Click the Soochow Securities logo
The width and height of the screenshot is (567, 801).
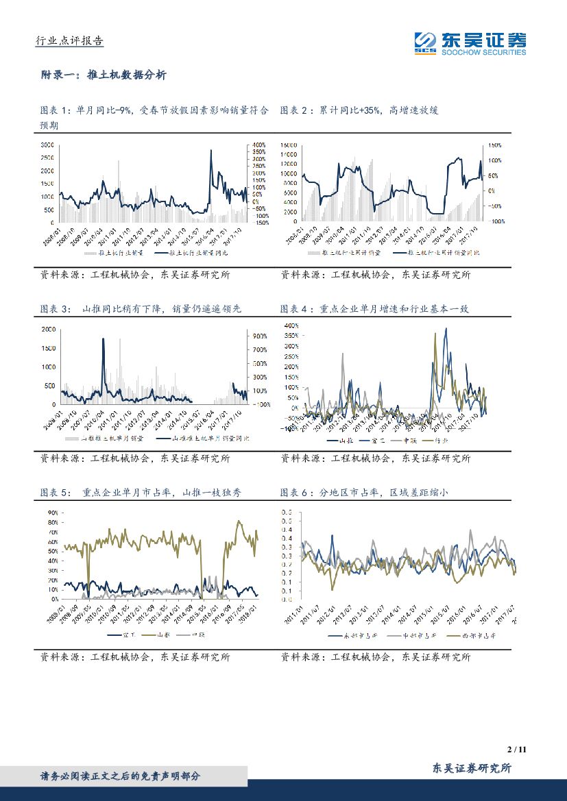[x=470, y=43]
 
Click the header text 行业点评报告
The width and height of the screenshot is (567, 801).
[x=69, y=41]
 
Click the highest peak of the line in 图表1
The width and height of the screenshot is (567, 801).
[x=210, y=151]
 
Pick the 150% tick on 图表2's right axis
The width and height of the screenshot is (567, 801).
[x=495, y=145]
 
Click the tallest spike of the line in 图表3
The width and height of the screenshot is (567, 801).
[x=104, y=338]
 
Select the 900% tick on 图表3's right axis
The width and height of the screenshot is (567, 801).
[x=259, y=336]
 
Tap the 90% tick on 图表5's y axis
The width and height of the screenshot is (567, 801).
[x=50, y=513]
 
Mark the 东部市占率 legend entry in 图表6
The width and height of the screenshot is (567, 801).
[x=352, y=636]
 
